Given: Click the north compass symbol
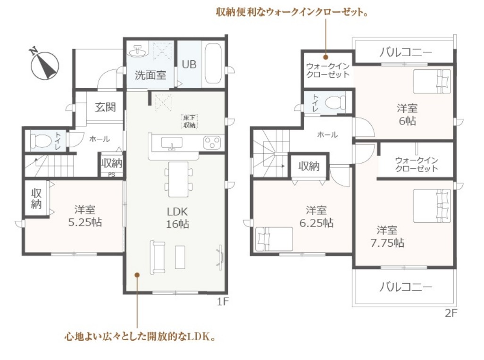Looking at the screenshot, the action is (44, 64).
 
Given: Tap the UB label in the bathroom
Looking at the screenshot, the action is (189, 65).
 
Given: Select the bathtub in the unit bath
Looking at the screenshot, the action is (213, 64).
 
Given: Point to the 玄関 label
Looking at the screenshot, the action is (105, 107).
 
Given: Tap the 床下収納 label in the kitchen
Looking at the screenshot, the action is (189, 121).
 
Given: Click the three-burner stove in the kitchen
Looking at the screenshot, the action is (212, 143).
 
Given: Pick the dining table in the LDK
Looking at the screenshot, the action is (178, 179).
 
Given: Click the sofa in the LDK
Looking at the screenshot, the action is (158, 257).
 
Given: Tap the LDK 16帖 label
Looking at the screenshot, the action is (177, 218).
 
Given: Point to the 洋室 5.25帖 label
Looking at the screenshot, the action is (85, 216).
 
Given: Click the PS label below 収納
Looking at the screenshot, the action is (111, 175).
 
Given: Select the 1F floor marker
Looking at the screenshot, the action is (223, 301).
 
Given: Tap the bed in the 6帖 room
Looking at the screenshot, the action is (432, 81).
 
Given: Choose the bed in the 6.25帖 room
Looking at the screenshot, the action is (274, 239).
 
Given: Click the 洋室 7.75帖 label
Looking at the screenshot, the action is (387, 236).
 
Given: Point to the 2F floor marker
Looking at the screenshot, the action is (451, 313).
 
